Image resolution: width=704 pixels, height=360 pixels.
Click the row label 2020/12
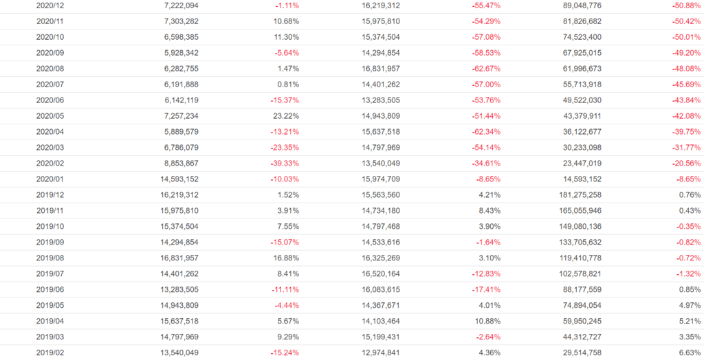pos(50,5)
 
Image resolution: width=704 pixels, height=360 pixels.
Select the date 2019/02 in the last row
pos(50,352)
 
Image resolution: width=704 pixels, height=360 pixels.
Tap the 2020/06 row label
pos(50,100)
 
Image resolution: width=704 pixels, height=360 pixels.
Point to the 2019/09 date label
pos(50,242)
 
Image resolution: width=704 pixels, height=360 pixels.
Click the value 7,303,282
pos(178,21)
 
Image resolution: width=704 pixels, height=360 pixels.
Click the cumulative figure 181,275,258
pos(581,194)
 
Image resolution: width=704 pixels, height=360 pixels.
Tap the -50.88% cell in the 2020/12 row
pos(686,5)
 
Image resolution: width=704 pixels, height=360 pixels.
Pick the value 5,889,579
pos(178,132)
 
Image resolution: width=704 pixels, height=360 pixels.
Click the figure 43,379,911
pos(583,116)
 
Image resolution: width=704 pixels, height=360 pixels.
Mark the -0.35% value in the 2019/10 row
pos(687,226)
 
